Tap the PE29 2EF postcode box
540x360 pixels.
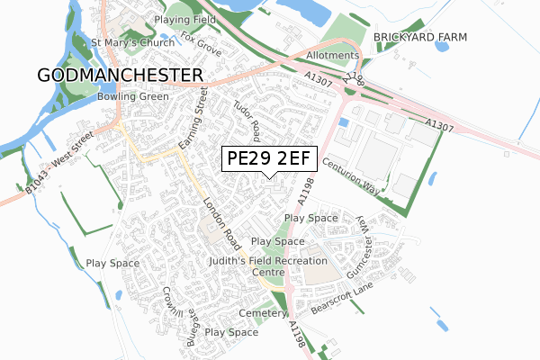[269, 158]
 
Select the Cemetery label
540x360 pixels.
[263, 313]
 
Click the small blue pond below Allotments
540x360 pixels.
[343, 122]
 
